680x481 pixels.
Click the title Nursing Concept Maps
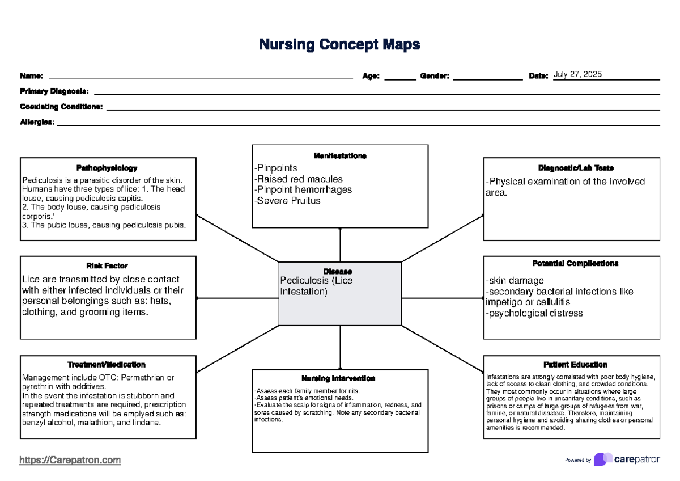(339, 44)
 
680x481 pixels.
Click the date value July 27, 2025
(577, 75)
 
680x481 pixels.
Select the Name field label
(31, 77)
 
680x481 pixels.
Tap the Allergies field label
(37, 121)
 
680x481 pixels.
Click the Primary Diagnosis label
(54, 91)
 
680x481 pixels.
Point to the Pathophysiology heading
(107, 168)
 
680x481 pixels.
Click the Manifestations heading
(340, 156)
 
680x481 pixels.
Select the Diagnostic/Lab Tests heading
(571, 168)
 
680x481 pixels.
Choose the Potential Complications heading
(571, 264)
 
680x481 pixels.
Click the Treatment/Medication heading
(107, 365)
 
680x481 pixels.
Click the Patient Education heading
(571, 365)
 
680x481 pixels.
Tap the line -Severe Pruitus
(287, 201)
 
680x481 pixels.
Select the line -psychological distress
(534, 313)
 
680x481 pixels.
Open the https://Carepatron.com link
(70, 460)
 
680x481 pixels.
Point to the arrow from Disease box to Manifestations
(340, 244)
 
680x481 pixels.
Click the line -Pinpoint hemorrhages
(303, 190)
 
